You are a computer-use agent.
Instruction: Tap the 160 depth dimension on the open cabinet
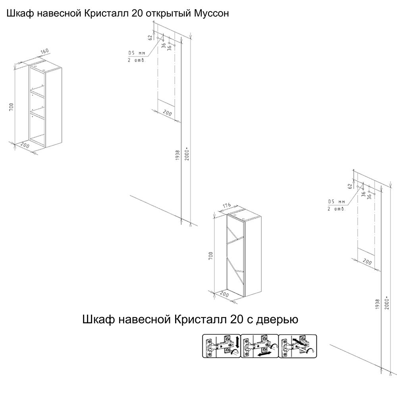pyautogui.click(x=44, y=52)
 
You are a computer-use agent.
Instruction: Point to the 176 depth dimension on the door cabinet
pyautogui.click(x=227, y=206)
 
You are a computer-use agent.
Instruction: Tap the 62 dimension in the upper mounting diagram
pyautogui.click(x=150, y=38)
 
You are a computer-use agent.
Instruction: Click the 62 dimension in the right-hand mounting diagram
pyautogui.click(x=350, y=185)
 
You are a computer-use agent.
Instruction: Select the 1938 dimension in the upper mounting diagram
pyautogui.click(x=177, y=155)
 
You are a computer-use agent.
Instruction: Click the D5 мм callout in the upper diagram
pyautogui.click(x=137, y=53)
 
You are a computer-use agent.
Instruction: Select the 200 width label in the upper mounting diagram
pyautogui.click(x=167, y=114)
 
